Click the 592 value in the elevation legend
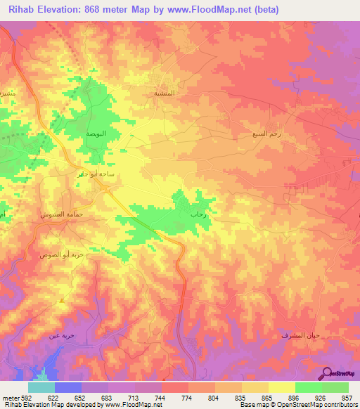pos(22,396)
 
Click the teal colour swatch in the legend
pos(41,387)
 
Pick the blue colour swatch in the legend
pos(68,387)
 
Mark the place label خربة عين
pos(61,335)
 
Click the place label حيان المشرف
pos(304,335)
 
